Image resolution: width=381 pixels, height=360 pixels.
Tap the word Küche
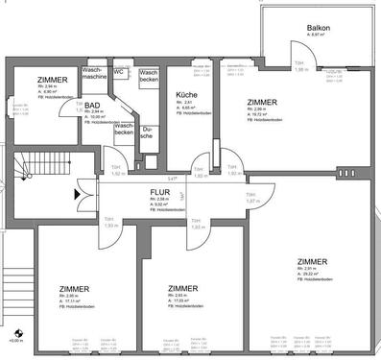186,96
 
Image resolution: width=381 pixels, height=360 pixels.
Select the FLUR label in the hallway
160,192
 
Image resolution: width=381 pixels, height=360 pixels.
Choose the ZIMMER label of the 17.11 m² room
74,288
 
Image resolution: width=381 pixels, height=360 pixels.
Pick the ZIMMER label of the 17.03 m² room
183,288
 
